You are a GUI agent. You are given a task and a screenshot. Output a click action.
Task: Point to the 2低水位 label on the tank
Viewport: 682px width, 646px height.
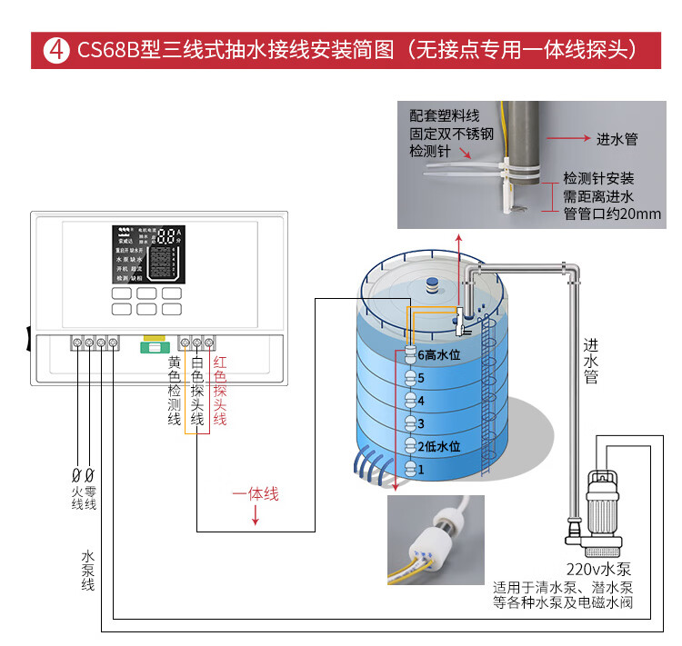point(440,447)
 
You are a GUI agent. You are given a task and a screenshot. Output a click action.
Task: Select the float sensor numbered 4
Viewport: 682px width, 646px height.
point(409,401)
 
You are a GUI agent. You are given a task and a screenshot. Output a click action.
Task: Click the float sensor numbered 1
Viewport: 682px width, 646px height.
point(409,470)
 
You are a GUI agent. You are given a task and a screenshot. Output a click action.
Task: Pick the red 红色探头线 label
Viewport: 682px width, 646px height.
point(219,391)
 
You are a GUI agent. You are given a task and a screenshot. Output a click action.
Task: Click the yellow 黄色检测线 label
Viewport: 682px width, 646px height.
point(175,391)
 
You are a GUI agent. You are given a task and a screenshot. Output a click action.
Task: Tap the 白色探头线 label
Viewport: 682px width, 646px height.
point(197,391)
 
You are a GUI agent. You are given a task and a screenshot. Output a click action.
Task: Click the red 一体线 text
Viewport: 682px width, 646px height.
point(256,494)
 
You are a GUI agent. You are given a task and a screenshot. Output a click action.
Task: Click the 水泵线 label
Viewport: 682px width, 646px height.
point(88,571)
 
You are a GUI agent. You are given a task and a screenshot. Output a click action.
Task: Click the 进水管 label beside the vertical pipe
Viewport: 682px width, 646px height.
point(591,361)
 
